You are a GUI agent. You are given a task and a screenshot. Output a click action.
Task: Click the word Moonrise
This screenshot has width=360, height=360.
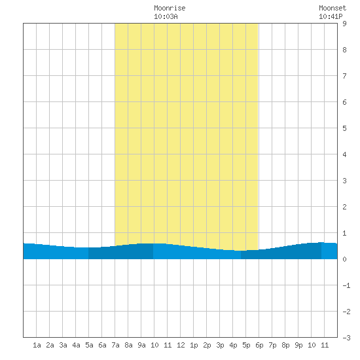tap(170, 8)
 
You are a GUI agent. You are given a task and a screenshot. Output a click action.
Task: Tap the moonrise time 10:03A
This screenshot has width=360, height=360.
tap(166, 16)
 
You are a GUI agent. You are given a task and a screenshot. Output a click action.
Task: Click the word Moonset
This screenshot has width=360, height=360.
tap(333, 8)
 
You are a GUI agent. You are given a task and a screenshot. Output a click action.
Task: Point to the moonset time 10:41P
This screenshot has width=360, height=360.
tap(331, 16)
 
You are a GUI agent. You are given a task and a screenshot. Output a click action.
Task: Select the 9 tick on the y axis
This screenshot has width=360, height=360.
tap(344, 24)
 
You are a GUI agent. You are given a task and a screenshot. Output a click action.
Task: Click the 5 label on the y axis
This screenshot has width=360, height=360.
tap(344, 128)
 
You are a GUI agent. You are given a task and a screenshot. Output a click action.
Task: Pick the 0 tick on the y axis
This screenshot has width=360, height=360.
tap(344, 259)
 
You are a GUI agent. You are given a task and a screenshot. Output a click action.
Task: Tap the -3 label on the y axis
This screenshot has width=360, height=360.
tap(346, 338)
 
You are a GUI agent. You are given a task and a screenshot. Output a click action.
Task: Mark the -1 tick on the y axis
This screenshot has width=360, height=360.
tap(346, 285)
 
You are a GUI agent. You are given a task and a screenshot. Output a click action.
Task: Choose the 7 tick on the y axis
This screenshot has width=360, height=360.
tap(344, 76)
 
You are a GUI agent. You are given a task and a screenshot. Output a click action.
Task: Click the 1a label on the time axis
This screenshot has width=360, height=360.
tap(37, 345)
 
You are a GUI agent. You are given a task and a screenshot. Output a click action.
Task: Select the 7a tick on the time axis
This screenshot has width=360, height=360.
tap(115, 345)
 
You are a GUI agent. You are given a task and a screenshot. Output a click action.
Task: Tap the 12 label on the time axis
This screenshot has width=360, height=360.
tap(181, 345)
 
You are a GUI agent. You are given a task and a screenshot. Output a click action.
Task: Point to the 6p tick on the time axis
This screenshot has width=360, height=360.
tap(259, 345)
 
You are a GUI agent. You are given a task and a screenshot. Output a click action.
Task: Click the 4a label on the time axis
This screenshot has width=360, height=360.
tap(76, 345)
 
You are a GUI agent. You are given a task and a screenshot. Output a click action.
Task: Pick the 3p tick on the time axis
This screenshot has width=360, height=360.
tap(220, 345)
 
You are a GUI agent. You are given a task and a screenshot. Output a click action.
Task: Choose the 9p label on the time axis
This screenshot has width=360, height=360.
tap(298, 345)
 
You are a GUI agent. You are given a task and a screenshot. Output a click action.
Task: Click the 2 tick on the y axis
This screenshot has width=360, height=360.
tap(344, 207)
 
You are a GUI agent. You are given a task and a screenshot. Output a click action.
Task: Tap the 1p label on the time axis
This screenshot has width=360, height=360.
tap(194, 345)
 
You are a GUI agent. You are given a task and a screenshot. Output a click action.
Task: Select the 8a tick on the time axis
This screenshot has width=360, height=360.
tap(128, 345)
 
